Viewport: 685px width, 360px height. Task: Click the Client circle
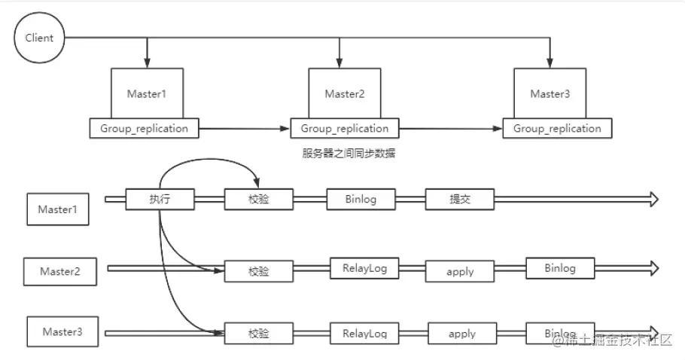[x=38, y=38]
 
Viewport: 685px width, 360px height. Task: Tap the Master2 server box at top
[x=345, y=93]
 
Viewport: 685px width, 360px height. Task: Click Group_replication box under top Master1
[x=144, y=129]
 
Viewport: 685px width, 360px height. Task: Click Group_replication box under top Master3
[x=558, y=129]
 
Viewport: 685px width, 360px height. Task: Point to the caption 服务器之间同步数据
[x=349, y=154]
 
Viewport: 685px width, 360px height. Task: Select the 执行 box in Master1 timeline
[x=160, y=199]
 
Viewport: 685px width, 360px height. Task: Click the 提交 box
[x=460, y=199]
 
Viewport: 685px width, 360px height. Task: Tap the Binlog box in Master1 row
[x=361, y=199]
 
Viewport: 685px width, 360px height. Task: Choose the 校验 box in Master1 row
[x=258, y=199]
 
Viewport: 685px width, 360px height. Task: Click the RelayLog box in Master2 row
[x=364, y=269]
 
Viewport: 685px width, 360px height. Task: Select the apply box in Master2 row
[x=460, y=270]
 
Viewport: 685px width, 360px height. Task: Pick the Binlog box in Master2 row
[x=559, y=268]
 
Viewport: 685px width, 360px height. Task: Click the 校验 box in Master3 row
[x=258, y=333]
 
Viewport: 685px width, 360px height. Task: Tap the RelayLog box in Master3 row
[x=364, y=332]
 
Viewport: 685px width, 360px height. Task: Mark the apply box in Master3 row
[x=461, y=332]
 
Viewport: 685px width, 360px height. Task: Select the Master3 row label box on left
[x=62, y=332]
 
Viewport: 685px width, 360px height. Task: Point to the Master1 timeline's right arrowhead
[x=653, y=199]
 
